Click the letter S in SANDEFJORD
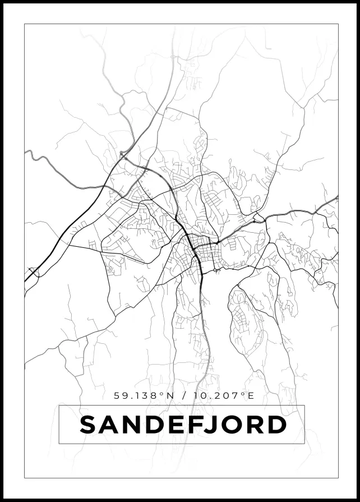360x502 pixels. pyautogui.click(x=90, y=425)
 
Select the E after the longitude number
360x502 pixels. pyautogui.click(x=251, y=396)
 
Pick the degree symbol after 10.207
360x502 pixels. pyautogui.click(x=243, y=394)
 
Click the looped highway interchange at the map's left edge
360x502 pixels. pyautogui.click(x=33, y=273)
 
